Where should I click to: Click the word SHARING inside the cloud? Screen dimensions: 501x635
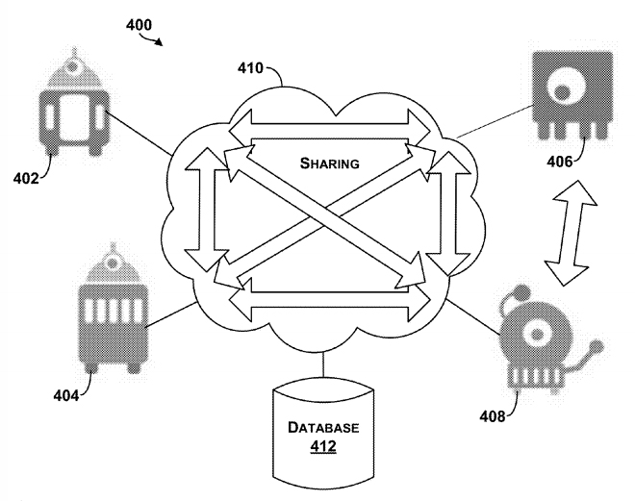[328, 163]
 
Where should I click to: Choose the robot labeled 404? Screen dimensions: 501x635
[114, 310]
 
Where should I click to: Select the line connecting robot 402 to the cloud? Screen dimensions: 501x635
[140, 134]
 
